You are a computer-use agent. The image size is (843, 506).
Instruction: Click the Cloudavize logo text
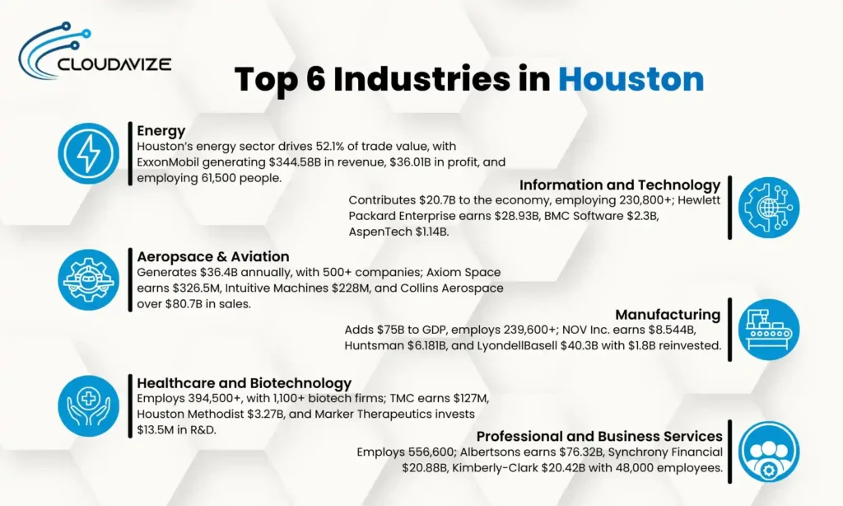click(114, 62)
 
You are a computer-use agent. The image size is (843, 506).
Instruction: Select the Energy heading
click(161, 130)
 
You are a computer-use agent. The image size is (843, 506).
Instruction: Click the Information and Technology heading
click(619, 185)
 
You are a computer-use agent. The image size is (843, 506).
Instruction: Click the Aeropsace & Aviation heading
click(213, 256)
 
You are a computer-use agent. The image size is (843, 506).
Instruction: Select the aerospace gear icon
click(88, 279)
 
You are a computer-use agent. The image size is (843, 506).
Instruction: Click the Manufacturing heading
click(667, 314)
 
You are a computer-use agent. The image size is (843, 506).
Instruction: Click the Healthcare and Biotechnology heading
click(244, 382)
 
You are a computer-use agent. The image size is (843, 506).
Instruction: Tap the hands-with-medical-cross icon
click(88, 405)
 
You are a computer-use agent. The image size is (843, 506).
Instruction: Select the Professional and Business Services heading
click(599, 436)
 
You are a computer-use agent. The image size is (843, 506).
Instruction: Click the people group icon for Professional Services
click(768, 452)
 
